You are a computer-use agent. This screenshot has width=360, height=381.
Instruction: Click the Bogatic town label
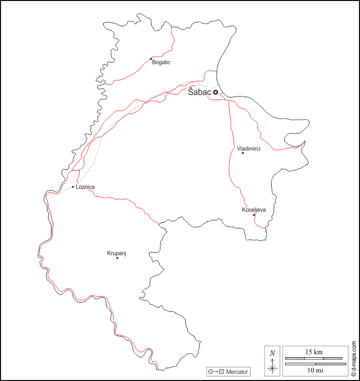pos(162,62)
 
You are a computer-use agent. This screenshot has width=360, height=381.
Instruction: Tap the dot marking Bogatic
pos(151,59)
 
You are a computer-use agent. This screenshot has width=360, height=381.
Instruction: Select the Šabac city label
pos(199,92)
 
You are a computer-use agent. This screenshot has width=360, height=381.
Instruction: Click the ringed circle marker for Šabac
pos(216,92)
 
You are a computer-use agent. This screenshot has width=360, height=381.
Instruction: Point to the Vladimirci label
pos(249,149)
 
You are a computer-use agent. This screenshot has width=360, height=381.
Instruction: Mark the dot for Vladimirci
pos(243,153)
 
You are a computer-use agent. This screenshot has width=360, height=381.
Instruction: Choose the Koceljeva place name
pos(254,209)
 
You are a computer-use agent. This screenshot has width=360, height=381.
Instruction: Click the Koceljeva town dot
pos(254,215)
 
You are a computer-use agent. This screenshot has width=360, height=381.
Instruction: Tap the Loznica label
pos(85,187)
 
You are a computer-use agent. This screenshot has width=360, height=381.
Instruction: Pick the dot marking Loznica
pos(73,187)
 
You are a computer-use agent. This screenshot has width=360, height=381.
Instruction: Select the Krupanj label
pos(116,253)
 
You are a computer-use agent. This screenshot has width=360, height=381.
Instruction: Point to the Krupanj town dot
pos(117,258)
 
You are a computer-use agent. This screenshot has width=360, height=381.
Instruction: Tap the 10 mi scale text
pos(315,370)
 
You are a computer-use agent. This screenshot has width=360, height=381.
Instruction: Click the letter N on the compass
pos(273,353)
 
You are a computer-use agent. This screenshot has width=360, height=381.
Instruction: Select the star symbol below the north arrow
pos(273,368)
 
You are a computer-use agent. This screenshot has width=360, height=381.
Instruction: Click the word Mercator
pos(237,372)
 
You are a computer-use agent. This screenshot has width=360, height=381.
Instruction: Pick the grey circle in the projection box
pos(211,372)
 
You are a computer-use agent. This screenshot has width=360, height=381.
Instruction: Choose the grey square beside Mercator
pos(221,372)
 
